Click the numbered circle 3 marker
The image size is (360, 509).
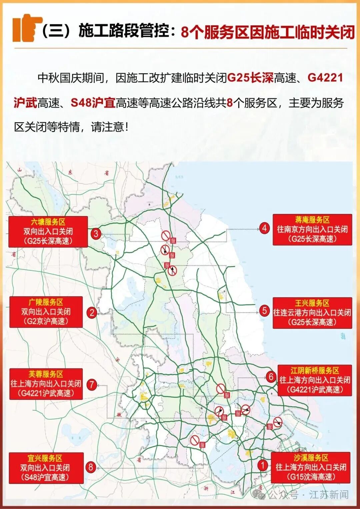point(96,234)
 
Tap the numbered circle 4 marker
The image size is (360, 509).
point(264,228)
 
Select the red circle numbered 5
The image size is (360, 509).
point(264,311)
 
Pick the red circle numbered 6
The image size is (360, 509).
point(271,377)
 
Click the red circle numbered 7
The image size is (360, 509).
point(92,385)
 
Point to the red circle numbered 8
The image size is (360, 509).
point(91,467)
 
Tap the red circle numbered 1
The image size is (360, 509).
point(263,465)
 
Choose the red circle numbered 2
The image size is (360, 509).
point(92,312)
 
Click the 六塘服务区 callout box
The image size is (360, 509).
point(48,232)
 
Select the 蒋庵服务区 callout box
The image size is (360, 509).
point(312,230)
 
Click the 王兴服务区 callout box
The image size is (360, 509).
point(312,313)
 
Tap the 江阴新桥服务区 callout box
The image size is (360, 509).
point(315,380)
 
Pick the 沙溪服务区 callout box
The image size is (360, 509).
point(311,467)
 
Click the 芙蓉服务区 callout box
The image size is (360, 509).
point(46,384)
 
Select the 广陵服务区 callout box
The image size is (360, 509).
point(46,312)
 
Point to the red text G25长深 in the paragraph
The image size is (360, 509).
point(250,78)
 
